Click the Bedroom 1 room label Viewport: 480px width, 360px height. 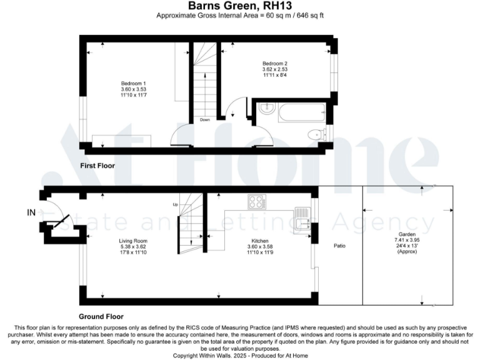(x=133, y=84)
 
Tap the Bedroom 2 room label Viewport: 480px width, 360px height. (x=274, y=63)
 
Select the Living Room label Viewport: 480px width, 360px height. (x=133, y=241)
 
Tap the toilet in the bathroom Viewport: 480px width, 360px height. (x=317, y=134)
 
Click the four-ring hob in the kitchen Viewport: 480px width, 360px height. (x=256, y=201)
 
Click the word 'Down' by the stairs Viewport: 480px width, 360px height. (x=205, y=119)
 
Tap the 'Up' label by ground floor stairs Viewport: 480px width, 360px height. (x=176, y=204)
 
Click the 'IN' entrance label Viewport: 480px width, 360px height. (x=31, y=213)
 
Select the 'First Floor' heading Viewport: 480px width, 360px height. (x=97, y=165)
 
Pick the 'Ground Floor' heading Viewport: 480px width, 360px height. (x=101, y=316)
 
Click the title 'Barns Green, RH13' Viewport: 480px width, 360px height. (x=240, y=6)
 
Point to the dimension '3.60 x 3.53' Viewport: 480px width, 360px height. (x=133, y=90)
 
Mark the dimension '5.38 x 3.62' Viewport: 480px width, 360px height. (x=133, y=247)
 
